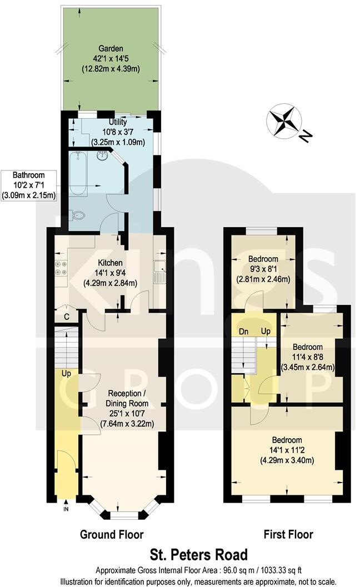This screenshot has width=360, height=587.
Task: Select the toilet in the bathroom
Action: pyautogui.click(x=78, y=215)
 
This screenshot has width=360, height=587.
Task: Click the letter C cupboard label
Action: pyautogui.click(x=66, y=317)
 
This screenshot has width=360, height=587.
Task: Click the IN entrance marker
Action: pyautogui.click(x=66, y=508)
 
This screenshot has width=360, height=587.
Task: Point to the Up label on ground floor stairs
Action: pyautogui.click(x=66, y=374)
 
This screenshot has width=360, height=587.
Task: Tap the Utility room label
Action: pyautogui.click(x=117, y=122)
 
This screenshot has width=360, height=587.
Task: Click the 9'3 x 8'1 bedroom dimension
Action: pyautogui.click(x=263, y=269)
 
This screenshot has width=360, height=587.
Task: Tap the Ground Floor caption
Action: pyautogui.click(x=112, y=535)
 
